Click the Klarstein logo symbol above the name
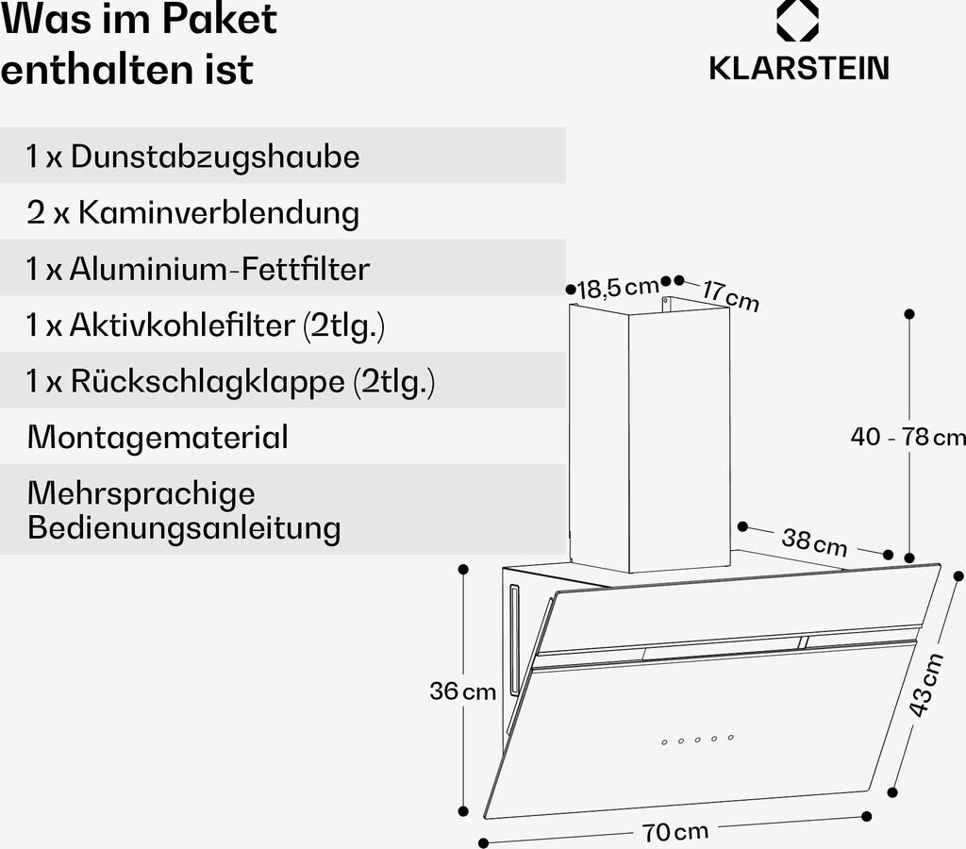click(x=797, y=21)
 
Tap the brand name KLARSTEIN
click(x=798, y=69)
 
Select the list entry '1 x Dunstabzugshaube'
click(x=193, y=156)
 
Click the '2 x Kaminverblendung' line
click(x=193, y=212)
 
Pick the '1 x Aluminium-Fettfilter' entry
click(x=198, y=269)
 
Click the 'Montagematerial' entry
click(x=158, y=437)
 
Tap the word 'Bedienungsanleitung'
click(x=184, y=526)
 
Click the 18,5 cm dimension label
click(x=618, y=287)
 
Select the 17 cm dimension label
click(x=730, y=295)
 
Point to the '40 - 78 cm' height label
click(x=908, y=437)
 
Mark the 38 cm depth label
click(x=814, y=541)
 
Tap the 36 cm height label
click(x=462, y=691)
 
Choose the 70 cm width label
click(x=675, y=831)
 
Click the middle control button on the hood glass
click(x=697, y=740)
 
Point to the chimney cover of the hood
click(x=649, y=434)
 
